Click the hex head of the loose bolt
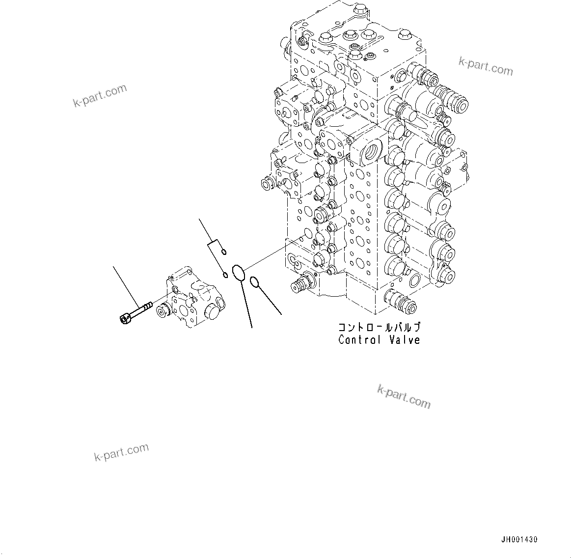point(124,319)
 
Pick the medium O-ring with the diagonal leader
point(254,282)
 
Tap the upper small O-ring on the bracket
point(223,252)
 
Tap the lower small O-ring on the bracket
point(225,275)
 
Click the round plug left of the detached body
point(161,311)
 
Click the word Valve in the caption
point(404,339)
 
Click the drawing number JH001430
point(519,539)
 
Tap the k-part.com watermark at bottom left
point(121,452)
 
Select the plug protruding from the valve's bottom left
point(300,283)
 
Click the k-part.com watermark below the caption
point(404,397)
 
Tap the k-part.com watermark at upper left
point(100,95)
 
